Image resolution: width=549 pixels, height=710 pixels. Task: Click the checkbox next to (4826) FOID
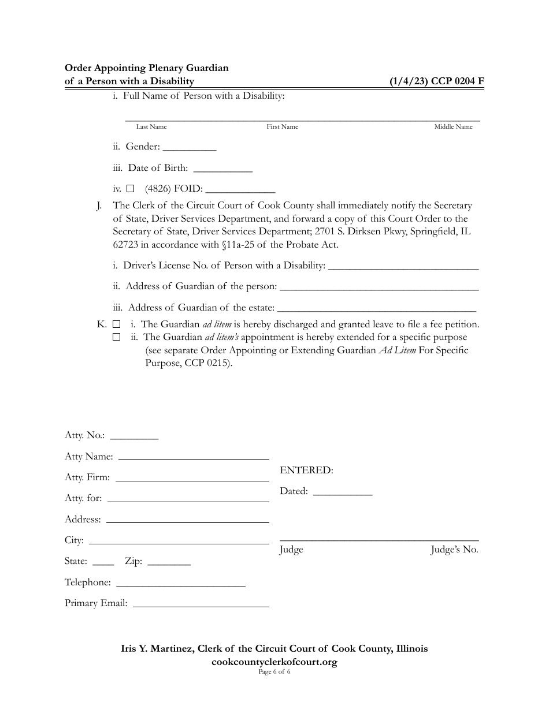[x=130, y=188]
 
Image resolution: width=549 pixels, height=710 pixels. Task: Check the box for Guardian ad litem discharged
[x=116, y=324]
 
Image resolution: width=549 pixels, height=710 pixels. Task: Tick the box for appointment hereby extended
[x=116, y=337]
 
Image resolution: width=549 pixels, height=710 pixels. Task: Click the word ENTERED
[x=306, y=470]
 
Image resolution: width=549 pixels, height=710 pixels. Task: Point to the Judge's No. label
[x=454, y=550]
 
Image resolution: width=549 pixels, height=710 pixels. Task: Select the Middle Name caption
[x=453, y=127]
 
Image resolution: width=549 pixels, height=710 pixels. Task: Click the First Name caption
[x=282, y=127]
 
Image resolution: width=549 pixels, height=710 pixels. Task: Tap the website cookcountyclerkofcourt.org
[x=274, y=662]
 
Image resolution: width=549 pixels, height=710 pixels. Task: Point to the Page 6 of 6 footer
[x=274, y=672]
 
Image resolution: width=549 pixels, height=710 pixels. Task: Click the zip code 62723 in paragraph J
[x=125, y=244]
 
